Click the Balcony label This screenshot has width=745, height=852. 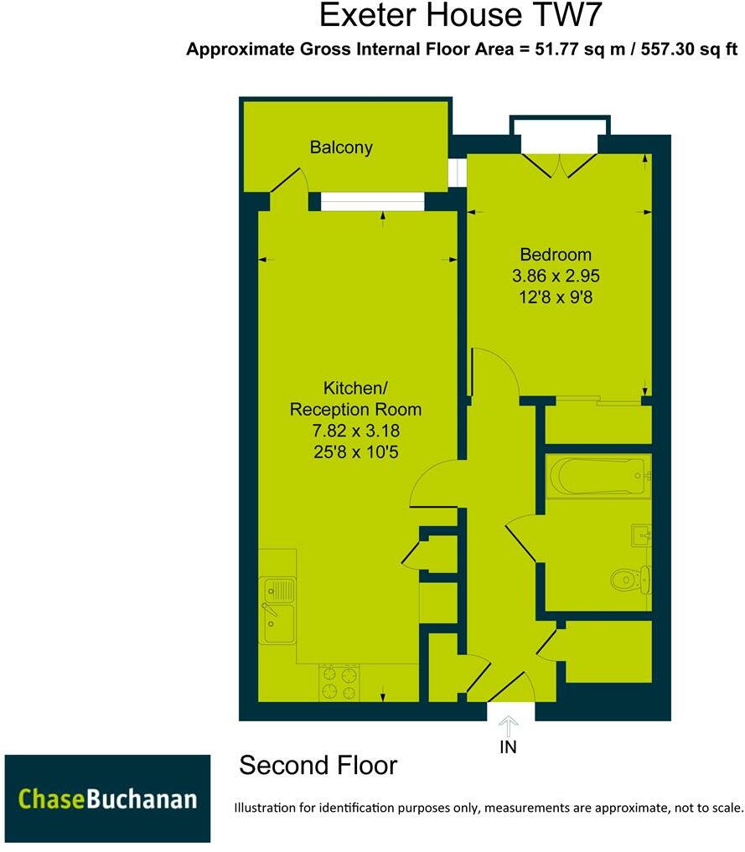341,147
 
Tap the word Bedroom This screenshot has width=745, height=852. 556,255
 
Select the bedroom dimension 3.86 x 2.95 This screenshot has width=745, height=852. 556,275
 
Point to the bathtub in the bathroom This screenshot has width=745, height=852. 598,477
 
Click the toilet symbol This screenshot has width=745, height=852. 630,580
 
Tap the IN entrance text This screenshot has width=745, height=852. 509,747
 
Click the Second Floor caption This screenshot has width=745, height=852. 318,765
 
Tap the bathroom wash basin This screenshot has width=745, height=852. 641,534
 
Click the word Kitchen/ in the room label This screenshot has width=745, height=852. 355,389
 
